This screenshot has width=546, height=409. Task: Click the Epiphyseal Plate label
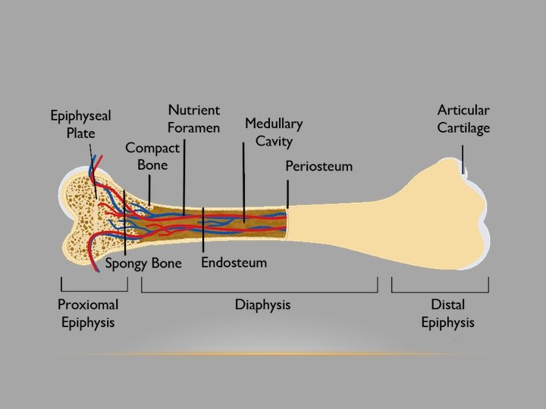(80, 124)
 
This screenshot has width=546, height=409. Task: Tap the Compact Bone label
(152, 156)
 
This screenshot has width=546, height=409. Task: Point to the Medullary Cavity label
(273, 132)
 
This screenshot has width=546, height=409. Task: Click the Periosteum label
(318, 167)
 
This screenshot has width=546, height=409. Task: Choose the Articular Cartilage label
(463, 120)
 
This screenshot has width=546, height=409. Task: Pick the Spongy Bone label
(143, 264)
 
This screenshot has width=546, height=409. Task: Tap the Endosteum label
(234, 264)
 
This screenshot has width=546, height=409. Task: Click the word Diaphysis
(262, 305)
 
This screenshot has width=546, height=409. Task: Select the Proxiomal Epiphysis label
(88, 314)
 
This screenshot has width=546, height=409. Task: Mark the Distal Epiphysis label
(447, 314)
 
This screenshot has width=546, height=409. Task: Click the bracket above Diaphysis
(259, 290)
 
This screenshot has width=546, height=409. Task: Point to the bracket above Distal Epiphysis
(440, 290)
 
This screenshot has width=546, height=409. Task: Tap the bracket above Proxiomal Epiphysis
(93, 290)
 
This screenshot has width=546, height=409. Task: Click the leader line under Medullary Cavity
(244, 182)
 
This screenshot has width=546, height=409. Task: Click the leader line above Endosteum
(203, 231)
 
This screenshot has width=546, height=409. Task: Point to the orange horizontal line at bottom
(273, 354)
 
